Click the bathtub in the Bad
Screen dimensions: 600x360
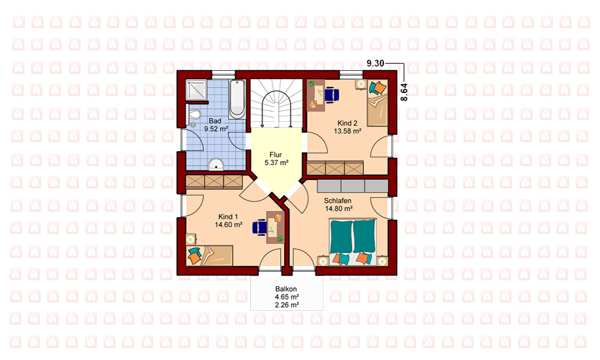237,99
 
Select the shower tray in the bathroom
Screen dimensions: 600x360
196,90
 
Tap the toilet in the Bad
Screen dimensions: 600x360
194,114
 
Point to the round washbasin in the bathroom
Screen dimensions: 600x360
216,164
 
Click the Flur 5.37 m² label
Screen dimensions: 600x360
276,159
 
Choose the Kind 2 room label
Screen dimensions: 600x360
347,123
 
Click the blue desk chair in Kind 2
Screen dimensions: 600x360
331,94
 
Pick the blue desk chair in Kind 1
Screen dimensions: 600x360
260,226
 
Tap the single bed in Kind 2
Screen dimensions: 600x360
377,103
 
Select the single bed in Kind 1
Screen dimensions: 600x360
209,256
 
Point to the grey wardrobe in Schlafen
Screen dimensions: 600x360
352,186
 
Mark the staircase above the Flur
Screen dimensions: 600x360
276,103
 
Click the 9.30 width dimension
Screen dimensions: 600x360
375,64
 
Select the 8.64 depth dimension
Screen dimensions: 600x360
404,92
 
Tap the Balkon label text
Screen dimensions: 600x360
286,289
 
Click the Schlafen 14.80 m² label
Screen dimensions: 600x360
338,205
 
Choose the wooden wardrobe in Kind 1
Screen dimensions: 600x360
214,182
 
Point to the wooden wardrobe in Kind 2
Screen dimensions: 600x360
335,168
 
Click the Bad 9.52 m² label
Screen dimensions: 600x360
216,125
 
